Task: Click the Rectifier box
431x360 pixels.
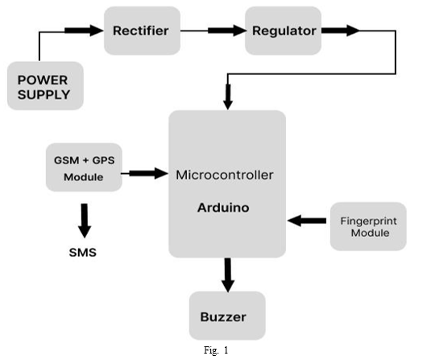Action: pyautogui.click(x=142, y=31)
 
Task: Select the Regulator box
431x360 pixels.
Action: pyautogui.click(x=283, y=31)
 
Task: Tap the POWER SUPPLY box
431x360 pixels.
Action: pyautogui.click(x=45, y=85)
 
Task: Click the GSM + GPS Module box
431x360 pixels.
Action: pyautogui.click(x=84, y=167)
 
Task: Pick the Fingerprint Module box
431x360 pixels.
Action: pyautogui.click(x=368, y=226)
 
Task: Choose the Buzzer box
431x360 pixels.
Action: pyautogui.click(x=227, y=316)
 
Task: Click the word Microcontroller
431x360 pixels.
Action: pyautogui.click(x=225, y=175)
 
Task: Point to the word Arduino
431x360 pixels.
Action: pyautogui.click(x=223, y=208)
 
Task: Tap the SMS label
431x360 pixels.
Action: pyautogui.click(x=83, y=253)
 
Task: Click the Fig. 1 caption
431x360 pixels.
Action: pyautogui.click(x=216, y=350)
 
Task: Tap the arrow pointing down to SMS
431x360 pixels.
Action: pyautogui.click(x=85, y=221)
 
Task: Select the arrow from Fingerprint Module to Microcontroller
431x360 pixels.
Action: pyautogui.click(x=307, y=221)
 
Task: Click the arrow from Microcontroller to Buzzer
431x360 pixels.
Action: pyautogui.click(x=228, y=275)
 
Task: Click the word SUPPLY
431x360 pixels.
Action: pyautogui.click(x=44, y=95)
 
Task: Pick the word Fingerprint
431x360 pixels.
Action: pyautogui.click(x=369, y=221)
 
